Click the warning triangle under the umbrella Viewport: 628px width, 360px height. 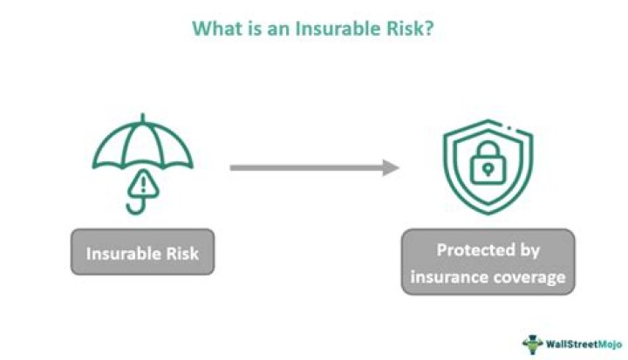140,184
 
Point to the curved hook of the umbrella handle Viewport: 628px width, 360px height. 134,207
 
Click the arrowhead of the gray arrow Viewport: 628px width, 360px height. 392,166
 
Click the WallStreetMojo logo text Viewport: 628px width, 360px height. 580,343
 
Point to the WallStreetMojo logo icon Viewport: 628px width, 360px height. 531,343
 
